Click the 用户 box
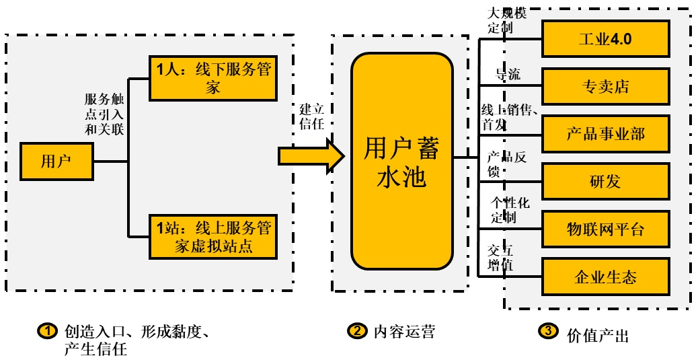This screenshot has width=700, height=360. [x=56, y=161]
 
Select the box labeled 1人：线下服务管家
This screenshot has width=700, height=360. [x=213, y=78]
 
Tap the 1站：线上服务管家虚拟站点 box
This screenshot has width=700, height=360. [x=213, y=237]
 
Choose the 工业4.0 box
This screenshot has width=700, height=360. [x=605, y=39]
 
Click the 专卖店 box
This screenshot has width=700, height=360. [x=605, y=87]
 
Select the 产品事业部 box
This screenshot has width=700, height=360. [x=605, y=134]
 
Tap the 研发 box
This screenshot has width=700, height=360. [x=605, y=182]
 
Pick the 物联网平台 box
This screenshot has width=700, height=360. [x=605, y=229]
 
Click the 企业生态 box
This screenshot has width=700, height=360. [x=605, y=277]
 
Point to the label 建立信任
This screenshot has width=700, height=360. [x=311, y=116]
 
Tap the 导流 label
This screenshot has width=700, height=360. [x=508, y=74]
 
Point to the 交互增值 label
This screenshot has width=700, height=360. [x=500, y=258]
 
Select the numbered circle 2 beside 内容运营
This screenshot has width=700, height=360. [x=356, y=331]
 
